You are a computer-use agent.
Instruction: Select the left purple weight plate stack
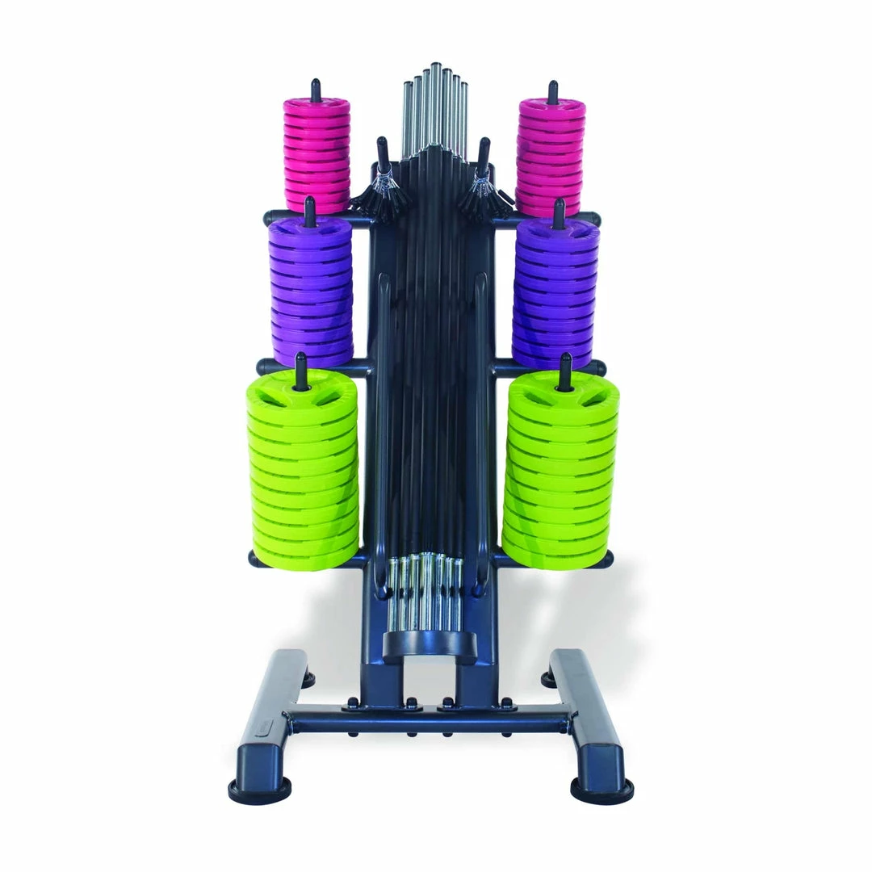coord(311,291)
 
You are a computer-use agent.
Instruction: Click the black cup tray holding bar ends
coord(429,646)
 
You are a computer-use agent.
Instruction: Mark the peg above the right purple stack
coord(558,212)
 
